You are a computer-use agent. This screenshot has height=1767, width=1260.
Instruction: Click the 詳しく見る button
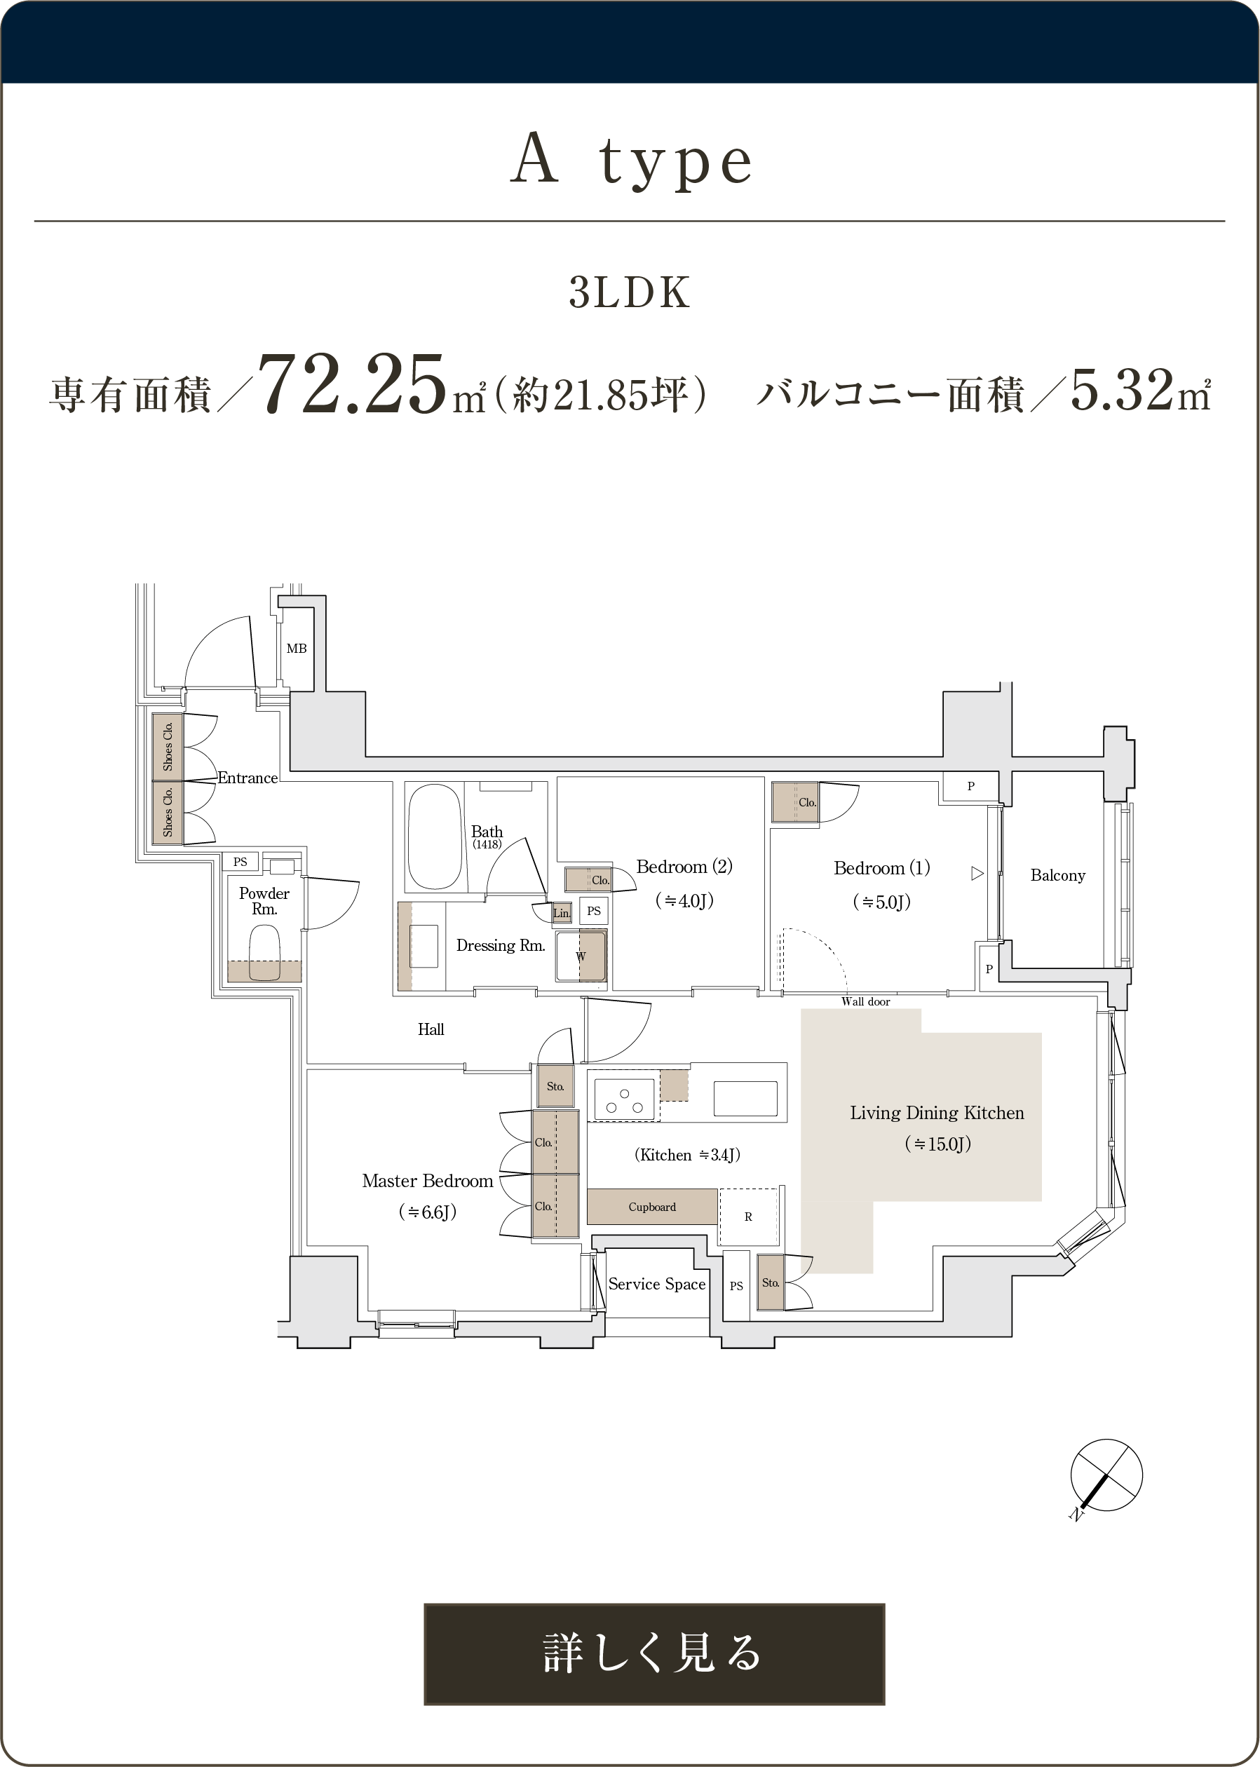coord(653,1653)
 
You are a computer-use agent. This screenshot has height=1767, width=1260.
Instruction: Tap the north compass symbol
coord(1105,1476)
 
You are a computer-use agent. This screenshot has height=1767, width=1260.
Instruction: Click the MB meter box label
coord(297,649)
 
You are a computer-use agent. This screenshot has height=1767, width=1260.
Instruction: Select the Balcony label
coord(1057,875)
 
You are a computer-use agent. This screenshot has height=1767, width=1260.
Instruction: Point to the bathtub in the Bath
coord(435,837)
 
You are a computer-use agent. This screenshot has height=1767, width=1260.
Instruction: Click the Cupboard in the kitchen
coord(651,1206)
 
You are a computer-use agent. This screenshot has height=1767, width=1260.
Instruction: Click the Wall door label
coord(865,1001)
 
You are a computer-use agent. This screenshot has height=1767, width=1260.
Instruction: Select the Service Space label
coord(656,1284)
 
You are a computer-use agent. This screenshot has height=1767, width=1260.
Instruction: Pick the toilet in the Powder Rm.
coord(264,952)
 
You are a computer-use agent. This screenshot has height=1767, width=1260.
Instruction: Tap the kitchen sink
coord(745,1098)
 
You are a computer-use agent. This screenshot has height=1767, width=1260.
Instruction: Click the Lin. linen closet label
coord(562,913)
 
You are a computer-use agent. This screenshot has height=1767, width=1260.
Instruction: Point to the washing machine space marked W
coord(581,956)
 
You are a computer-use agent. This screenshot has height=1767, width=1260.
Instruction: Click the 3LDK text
coord(629,292)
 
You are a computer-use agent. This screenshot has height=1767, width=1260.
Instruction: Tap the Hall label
coord(431,1029)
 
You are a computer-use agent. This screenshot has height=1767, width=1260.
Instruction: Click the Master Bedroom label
coord(428,1181)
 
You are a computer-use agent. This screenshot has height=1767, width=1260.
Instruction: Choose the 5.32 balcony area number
coord(1122,389)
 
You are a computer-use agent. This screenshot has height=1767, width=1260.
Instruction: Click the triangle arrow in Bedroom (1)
coord(977,874)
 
